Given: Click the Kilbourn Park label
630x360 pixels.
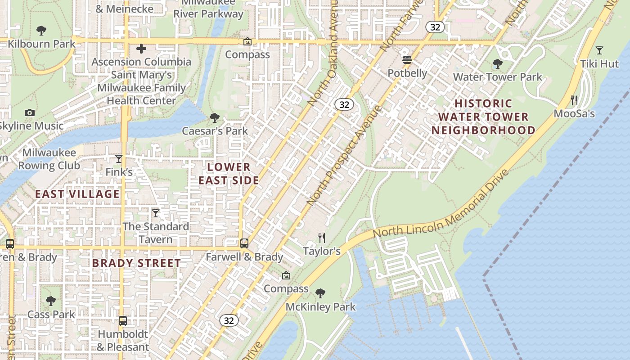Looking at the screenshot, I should coord(41,44).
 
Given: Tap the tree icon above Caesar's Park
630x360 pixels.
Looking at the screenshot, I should coord(215,118).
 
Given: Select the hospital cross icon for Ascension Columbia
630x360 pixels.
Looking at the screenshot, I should coord(141,49).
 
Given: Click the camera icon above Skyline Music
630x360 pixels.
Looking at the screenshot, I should coord(30,112).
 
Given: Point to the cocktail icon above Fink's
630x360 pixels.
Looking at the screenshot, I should coord(119,158).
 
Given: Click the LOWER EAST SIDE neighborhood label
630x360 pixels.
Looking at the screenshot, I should coord(229,174).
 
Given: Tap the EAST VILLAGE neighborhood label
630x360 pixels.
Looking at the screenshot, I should coord(77,194).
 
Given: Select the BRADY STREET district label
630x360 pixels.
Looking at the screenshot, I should coord(136,263).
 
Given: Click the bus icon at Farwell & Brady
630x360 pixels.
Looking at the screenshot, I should coord(244,243).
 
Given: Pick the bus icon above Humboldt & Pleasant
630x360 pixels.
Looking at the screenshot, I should coord(122,321).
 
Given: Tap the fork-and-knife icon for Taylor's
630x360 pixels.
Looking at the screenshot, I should coord(321,238).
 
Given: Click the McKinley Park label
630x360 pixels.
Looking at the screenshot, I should coord(320,307).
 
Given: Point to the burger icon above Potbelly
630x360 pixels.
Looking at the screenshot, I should coord(407,60).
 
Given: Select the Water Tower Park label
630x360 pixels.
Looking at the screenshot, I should coord(497,77).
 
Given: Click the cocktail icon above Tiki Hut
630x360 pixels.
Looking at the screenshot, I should coord(599,50).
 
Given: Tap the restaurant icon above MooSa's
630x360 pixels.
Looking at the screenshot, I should coord(574,100).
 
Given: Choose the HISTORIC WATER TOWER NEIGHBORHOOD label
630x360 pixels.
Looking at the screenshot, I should coord(483,117).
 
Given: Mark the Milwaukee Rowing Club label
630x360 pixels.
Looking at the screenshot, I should coord(49,159).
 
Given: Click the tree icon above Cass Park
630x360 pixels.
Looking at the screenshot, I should coord(51,301).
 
